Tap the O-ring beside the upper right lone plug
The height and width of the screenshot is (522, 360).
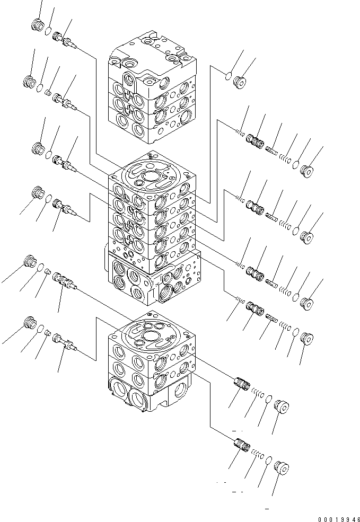click(x=226, y=76)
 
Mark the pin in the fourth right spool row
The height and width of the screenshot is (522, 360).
click(x=271, y=318)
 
